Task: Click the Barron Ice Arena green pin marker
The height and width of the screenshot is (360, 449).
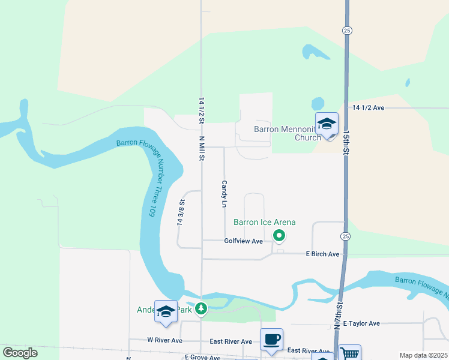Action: [279, 236]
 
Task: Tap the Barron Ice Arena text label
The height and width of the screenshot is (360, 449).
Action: [264, 223]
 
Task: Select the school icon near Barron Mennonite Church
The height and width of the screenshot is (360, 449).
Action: [327, 124]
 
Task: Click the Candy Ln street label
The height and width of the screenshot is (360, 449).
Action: [224, 194]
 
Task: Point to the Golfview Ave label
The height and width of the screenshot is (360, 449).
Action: [244, 241]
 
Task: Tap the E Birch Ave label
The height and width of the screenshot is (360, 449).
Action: [322, 254]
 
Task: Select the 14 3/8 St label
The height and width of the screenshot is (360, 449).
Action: [180, 211]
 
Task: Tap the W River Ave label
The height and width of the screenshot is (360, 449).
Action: [164, 340]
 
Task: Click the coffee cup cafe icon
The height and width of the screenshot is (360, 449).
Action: [271, 339]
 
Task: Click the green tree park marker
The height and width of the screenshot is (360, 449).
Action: [202, 309]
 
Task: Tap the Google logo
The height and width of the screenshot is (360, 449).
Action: [20, 353]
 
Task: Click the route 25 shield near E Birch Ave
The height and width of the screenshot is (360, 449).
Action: [345, 236]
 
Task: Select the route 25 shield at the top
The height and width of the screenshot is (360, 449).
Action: [347, 30]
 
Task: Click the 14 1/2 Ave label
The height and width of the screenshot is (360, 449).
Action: [368, 107]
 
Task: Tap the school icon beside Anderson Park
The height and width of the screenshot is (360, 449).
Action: [166, 311]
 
